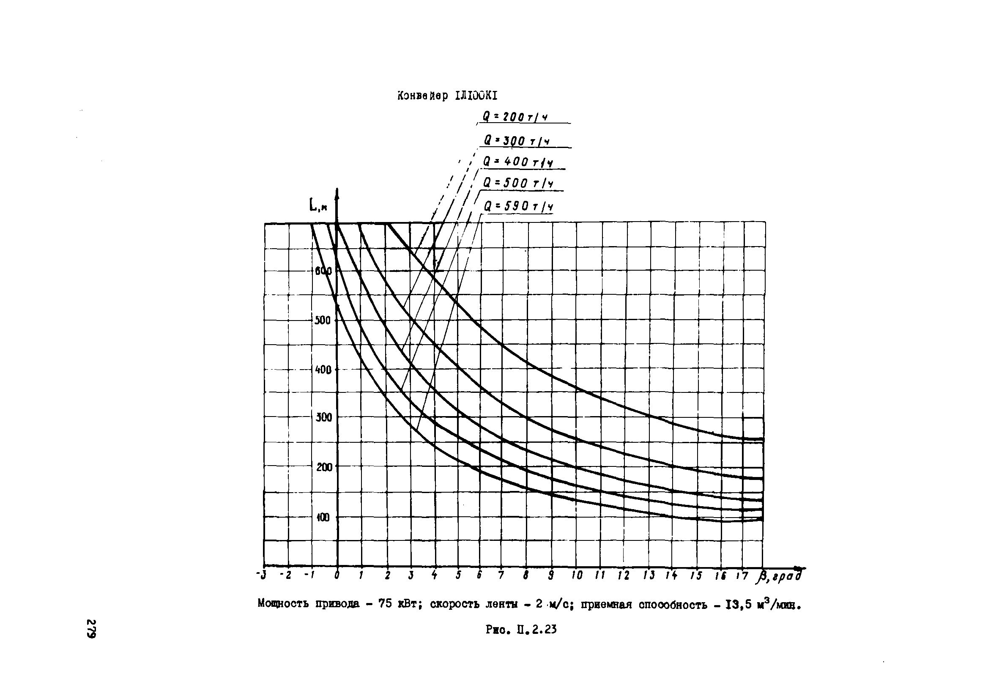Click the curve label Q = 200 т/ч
[515, 117]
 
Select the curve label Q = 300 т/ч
[517, 141]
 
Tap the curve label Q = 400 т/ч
[518, 162]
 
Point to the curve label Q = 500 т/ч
[518, 184]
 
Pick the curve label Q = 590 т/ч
[518, 206]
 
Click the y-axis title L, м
[318, 205]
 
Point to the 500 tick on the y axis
[323, 321]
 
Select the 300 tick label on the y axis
[323, 417]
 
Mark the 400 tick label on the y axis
[323, 370]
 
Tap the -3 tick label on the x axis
[261, 575]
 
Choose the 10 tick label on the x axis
[577, 576]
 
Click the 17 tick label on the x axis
[742, 576]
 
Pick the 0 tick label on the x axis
[337, 576]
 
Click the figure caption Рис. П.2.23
[521, 629]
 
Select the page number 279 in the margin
[91, 628]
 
